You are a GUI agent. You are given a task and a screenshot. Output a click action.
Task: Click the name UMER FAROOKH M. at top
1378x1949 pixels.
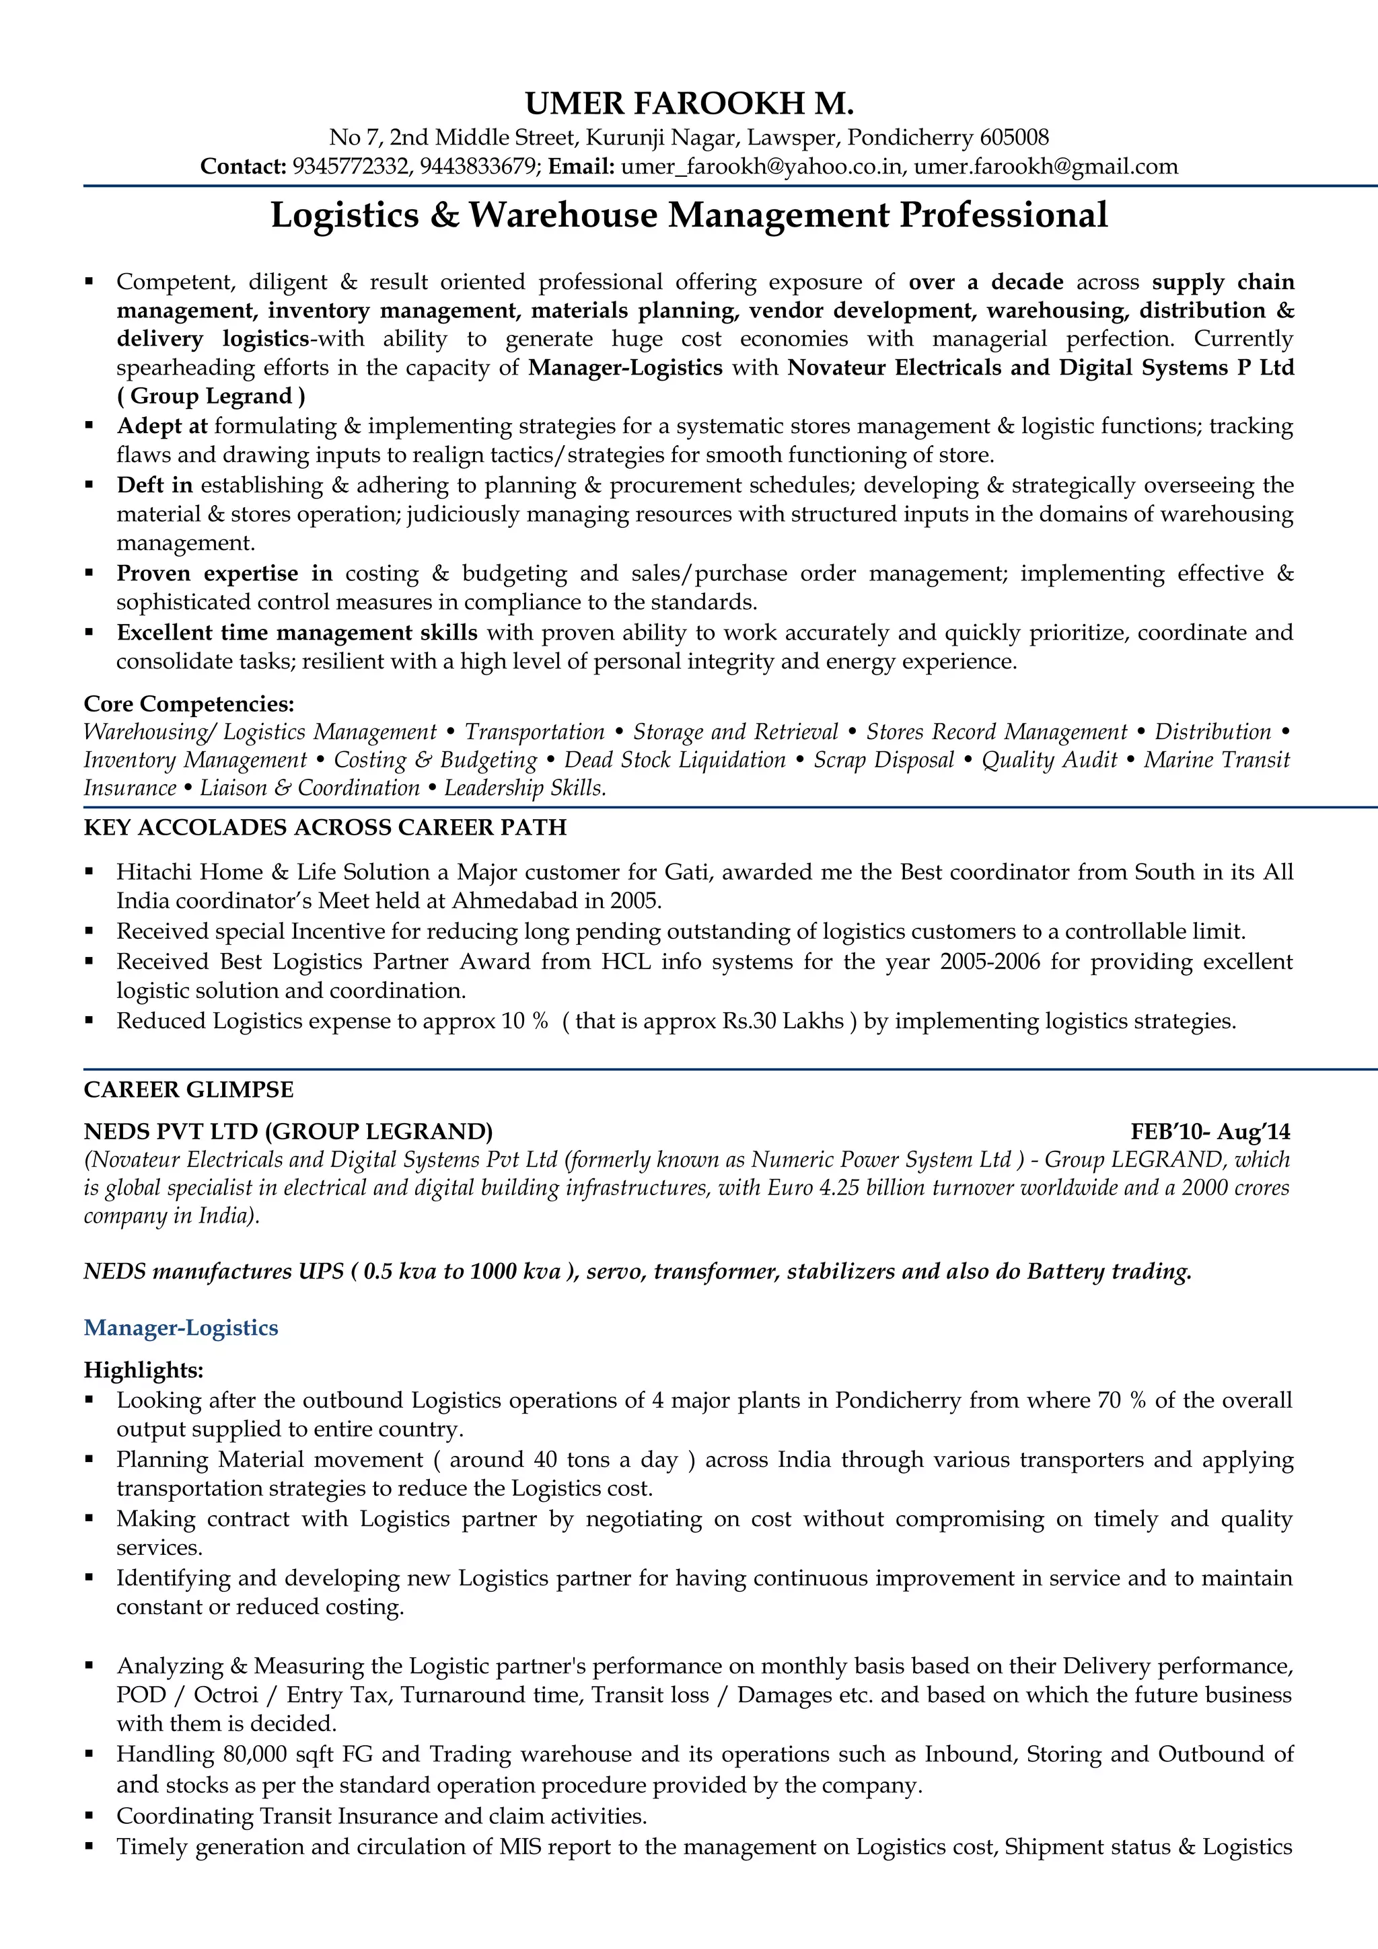coord(688,104)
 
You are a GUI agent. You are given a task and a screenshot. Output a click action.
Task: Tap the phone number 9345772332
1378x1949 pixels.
coord(350,166)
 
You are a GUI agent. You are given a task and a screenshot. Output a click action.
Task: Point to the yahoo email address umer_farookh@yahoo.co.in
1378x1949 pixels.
coord(761,166)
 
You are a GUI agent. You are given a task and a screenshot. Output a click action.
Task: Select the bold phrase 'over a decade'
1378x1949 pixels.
coord(985,282)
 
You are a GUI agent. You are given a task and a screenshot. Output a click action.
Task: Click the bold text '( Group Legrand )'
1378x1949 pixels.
coord(211,396)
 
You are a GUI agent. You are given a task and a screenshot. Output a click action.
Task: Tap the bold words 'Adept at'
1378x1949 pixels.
coord(161,426)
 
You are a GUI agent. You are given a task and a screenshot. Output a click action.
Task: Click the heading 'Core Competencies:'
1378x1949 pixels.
coord(188,703)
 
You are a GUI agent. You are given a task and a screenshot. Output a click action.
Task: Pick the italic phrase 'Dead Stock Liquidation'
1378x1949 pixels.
coord(675,760)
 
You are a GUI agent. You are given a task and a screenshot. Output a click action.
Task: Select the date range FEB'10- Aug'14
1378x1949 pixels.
coord(1210,1132)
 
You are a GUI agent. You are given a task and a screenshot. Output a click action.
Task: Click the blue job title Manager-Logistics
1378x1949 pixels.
coord(181,1328)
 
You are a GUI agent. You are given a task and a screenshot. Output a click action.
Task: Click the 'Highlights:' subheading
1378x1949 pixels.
coord(143,1370)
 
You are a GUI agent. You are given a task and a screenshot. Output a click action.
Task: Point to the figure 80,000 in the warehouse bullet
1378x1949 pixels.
coord(253,1754)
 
